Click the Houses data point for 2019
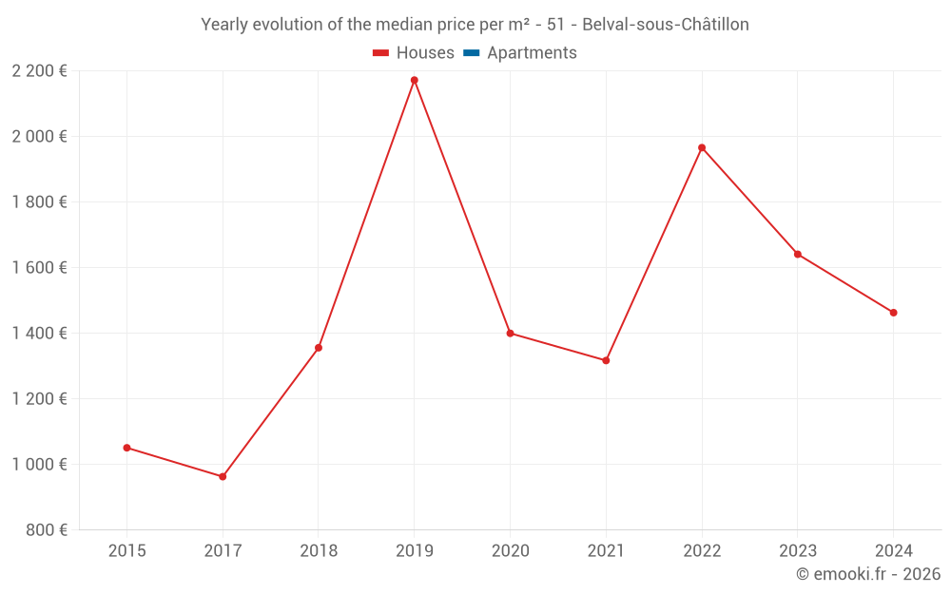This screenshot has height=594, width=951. click(x=415, y=80)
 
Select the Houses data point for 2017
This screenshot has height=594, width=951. click(x=223, y=476)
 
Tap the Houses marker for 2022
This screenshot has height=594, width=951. click(x=702, y=147)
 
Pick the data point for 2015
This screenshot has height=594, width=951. click(x=126, y=448)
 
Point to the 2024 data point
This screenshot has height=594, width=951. click(x=893, y=313)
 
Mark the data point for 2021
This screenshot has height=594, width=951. click(x=606, y=360)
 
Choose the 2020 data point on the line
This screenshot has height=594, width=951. click(x=510, y=333)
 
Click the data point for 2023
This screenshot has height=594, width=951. click(x=797, y=254)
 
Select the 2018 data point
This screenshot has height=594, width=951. click(x=319, y=348)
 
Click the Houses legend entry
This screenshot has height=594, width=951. click(x=414, y=53)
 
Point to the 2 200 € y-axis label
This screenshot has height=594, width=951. click(x=40, y=71)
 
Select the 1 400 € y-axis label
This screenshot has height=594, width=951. click(x=40, y=334)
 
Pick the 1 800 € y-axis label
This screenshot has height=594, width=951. click(x=40, y=202)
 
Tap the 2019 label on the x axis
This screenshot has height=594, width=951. click(x=415, y=551)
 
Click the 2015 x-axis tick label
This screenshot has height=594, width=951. click(x=126, y=551)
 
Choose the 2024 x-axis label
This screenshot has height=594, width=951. click(x=893, y=551)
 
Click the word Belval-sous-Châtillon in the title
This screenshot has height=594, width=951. click(x=665, y=25)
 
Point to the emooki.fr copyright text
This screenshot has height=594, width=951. click(x=868, y=574)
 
